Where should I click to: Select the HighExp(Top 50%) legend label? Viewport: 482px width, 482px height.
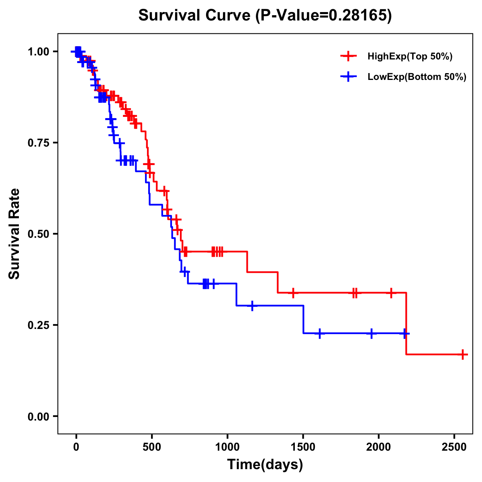[x=410, y=57]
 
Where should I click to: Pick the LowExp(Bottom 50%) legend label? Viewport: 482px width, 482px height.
[x=417, y=77]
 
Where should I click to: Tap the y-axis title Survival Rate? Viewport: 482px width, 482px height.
[x=14, y=233]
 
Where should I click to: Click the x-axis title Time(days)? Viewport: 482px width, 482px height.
[x=265, y=465]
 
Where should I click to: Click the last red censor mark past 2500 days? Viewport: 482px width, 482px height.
[x=463, y=355]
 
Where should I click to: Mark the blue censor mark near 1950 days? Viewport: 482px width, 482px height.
[x=372, y=333]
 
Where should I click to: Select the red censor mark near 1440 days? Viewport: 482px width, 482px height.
[x=293, y=293]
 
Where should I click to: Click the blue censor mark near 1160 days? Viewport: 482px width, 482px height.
[x=252, y=306]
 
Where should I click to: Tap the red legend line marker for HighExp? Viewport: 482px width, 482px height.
[x=349, y=57]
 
